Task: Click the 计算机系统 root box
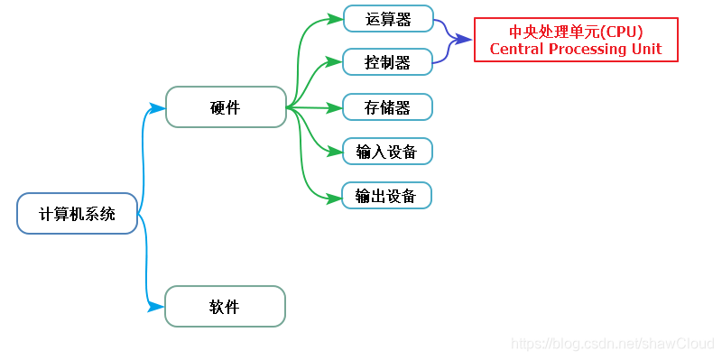(x=78, y=214)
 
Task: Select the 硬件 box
(x=226, y=107)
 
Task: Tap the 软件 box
(x=225, y=307)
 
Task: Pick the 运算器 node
(x=388, y=18)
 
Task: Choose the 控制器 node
(x=388, y=62)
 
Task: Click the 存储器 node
(x=388, y=107)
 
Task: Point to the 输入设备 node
(x=387, y=152)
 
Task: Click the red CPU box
(x=576, y=40)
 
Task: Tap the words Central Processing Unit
(x=576, y=49)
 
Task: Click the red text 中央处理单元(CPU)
(x=576, y=31)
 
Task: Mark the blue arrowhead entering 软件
(x=157, y=308)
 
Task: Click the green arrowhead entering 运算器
(x=336, y=19)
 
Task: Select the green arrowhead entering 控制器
(x=336, y=63)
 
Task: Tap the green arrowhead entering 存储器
(x=336, y=108)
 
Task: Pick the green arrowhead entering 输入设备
(x=336, y=152)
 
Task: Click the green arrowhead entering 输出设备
(x=335, y=196)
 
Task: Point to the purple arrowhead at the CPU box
(x=465, y=40)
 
